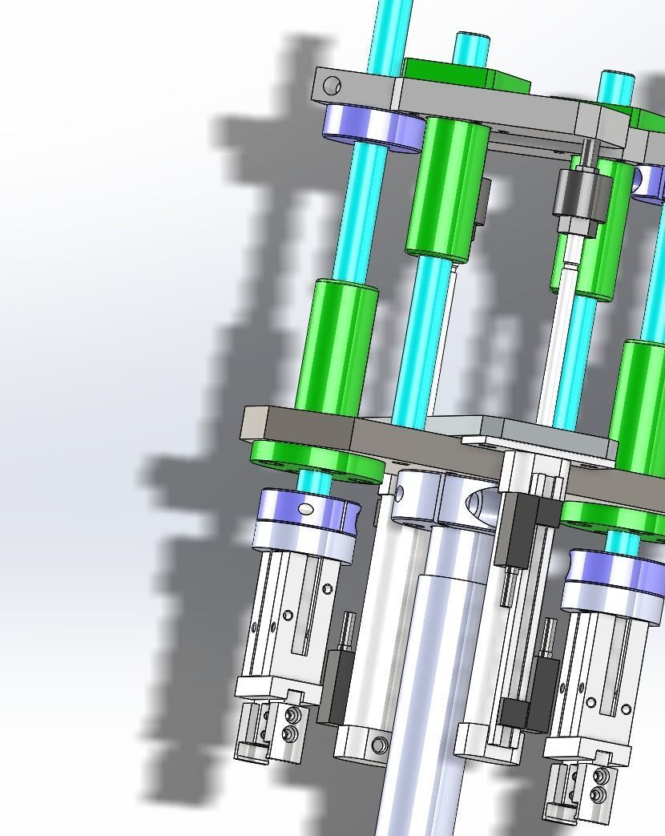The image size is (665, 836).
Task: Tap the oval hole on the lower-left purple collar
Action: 306,508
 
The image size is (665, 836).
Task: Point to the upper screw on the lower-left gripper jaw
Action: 291,713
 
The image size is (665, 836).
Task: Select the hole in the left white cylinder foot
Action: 379,746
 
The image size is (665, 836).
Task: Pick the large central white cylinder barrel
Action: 437,681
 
